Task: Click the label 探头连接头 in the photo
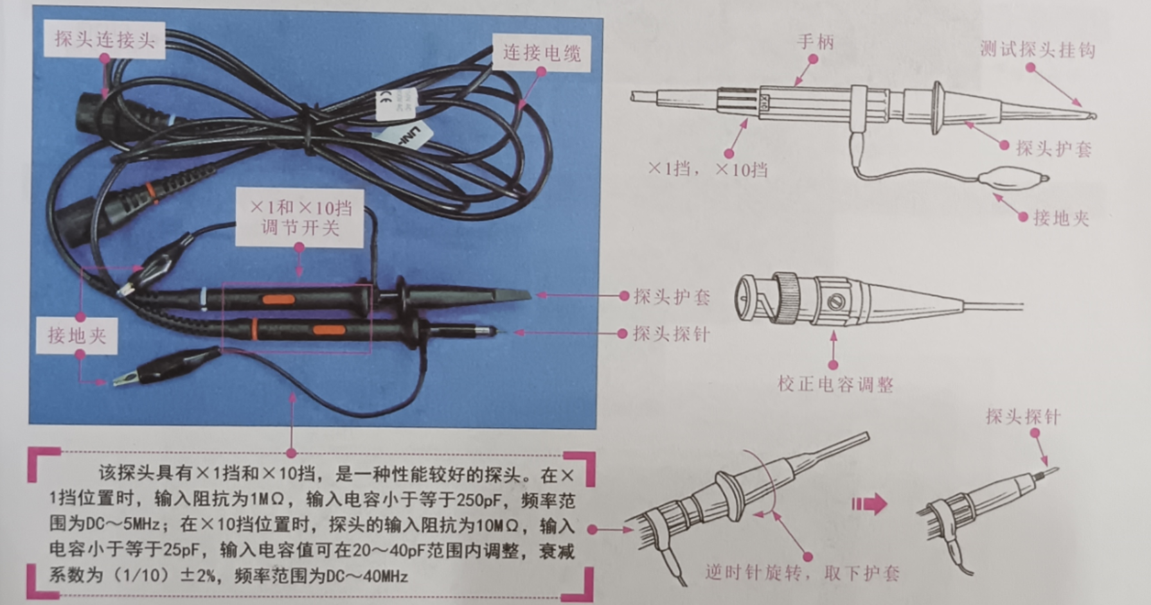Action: point(104,40)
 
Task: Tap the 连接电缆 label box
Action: point(541,53)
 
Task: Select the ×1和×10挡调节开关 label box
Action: point(300,218)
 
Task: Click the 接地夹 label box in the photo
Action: point(76,335)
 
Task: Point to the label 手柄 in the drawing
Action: point(816,42)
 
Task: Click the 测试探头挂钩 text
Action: point(1037,50)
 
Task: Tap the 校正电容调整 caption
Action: point(835,385)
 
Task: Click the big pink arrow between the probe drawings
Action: point(870,504)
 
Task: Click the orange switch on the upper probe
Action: point(278,299)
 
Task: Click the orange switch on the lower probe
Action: point(329,330)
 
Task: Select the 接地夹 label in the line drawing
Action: point(1060,218)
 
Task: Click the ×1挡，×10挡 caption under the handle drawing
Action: point(708,170)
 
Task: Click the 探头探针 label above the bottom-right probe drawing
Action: point(1022,417)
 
